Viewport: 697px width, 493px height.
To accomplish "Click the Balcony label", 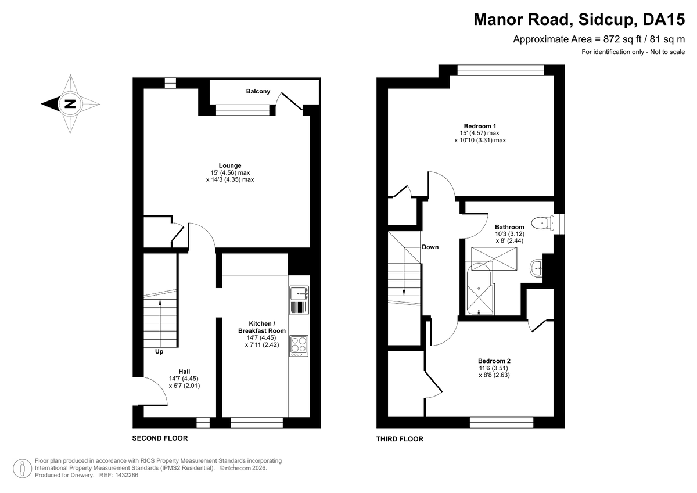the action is click(258, 91).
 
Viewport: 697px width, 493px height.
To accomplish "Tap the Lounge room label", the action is click(230, 165).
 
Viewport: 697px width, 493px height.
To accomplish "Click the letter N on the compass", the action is click(70, 103).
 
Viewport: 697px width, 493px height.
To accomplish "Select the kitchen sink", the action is click(299, 300).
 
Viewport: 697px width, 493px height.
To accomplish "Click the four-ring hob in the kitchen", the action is click(299, 346).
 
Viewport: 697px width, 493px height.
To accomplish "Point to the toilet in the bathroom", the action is click(542, 223).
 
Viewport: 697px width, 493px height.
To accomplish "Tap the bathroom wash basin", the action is click(536, 268).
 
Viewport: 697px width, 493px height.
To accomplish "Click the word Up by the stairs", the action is click(159, 352).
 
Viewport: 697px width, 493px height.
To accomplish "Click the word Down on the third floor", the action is click(430, 247).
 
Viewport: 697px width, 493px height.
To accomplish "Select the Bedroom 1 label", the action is click(480, 126).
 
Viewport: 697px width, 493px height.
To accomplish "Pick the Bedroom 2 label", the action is click(494, 361).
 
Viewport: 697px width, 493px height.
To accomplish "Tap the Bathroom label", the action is click(509, 227).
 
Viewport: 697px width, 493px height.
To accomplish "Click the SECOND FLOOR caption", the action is click(160, 438).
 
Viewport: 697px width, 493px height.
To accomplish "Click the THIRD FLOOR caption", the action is click(400, 439).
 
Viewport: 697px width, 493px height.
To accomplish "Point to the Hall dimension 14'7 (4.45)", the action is click(184, 379).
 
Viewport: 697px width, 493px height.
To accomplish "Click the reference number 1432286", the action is click(127, 475).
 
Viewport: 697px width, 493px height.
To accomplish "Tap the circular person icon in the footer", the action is click(22, 468).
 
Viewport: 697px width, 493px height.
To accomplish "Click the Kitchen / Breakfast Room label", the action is click(262, 327).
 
